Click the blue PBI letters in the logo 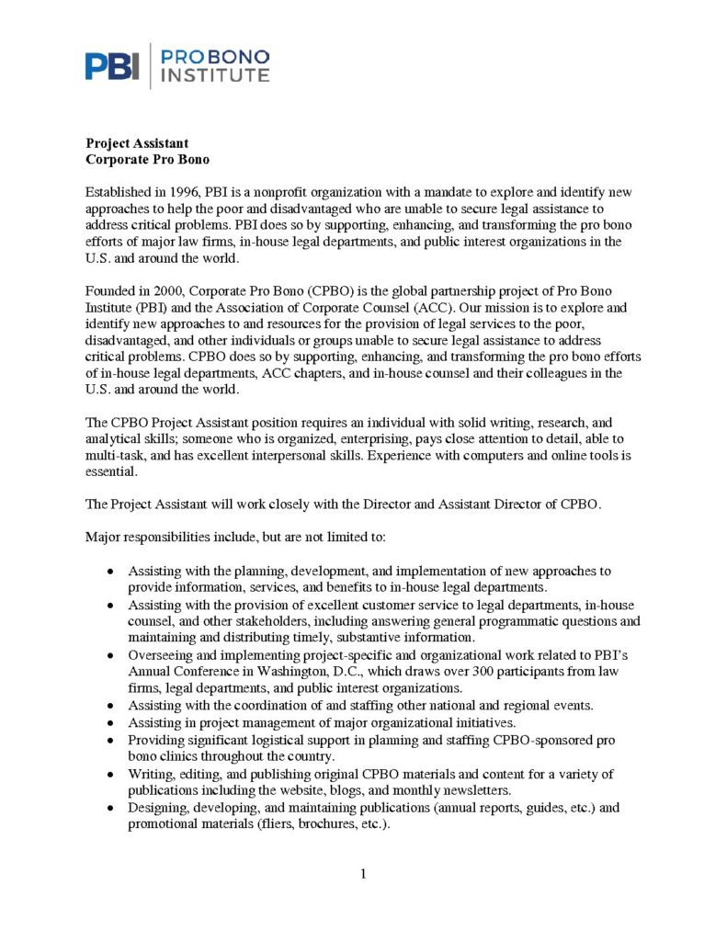click(x=112, y=65)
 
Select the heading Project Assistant click(x=137, y=143)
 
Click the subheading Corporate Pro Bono click(x=147, y=159)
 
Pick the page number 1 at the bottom click(x=363, y=874)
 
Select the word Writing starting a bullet click(x=149, y=774)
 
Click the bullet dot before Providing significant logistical click(x=110, y=741)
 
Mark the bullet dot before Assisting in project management click(x=110, y=724)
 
